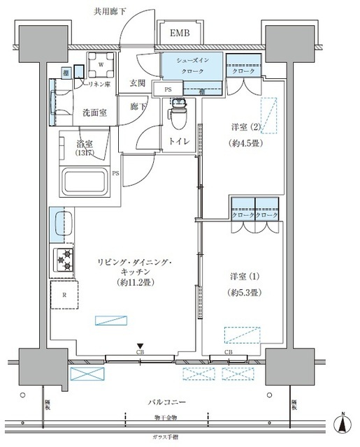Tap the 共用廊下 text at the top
pyautogui.click(x=111, y=12)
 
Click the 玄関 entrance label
pyautogui.click(x=138, y=83)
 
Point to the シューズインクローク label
pyautogui.click(x=192, y=66)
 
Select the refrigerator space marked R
pyautogui.click(x=64, y=295)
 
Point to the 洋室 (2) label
pyautogui.click(x=247, y=127)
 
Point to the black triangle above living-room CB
pyautogui.click(x=141, y=345)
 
